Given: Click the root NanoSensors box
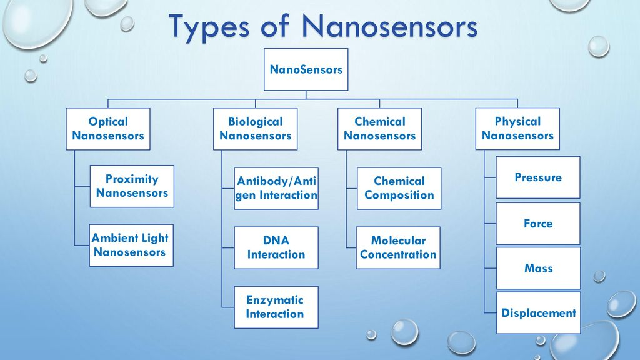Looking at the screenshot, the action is point(306,69).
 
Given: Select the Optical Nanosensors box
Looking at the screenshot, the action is point(108,129).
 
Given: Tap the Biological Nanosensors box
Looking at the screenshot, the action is point(256,129).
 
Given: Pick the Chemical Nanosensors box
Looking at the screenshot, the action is point(379,129).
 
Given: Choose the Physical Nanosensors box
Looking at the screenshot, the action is point(517,129).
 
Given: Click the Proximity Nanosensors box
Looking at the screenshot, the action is point(132,186).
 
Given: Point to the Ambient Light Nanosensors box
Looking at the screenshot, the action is point(131,245).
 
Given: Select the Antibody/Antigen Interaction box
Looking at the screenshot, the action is point(276,188).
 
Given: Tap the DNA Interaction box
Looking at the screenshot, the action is point(276,247).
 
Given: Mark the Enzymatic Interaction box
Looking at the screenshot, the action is point(276,307).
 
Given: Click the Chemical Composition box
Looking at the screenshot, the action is point(399,188).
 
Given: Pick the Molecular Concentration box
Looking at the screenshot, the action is point(398,247).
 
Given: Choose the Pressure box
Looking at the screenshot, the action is point(538,177).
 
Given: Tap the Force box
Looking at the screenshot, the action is point(538,224).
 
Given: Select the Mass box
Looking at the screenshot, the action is point(538,268).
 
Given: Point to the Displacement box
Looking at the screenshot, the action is point(538,312).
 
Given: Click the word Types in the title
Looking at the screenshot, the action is point(209,27).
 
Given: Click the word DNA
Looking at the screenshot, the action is point(276,241).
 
